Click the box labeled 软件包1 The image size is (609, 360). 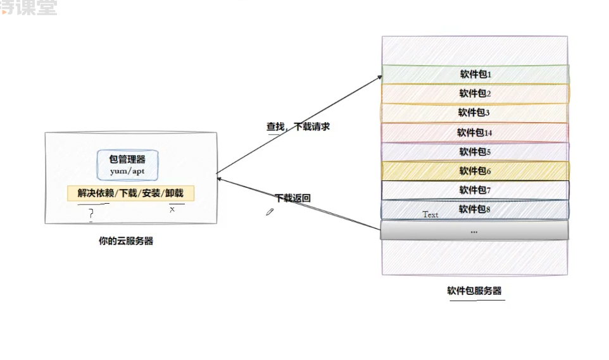(x=475, y=74)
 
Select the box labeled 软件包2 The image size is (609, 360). (x=475, y=94)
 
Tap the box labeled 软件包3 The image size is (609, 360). (x=475, y=113)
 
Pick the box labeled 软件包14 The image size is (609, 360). (x=475, y=132)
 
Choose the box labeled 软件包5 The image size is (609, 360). (x=475, y=152)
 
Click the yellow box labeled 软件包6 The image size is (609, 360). (x=475, y=171)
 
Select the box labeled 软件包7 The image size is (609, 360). (x=475, y=190)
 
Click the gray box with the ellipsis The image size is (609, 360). (x=474, y=231)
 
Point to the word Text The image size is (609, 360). (x=430, y=214)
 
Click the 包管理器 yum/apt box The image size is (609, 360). (x=127, y=164)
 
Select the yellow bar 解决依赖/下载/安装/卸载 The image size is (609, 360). (x=130, y=193)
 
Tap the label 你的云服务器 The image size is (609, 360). (x=125, y=241)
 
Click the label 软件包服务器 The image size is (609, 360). (x=474, y=291)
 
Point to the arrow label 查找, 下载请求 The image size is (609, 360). (x=298, y=127)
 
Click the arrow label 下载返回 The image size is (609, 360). (x=292, y=198)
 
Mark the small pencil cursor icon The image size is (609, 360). (x=270, y=213)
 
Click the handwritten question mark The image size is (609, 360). (x=91, y=214)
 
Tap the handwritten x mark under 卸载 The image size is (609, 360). (x=172, y=209)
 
